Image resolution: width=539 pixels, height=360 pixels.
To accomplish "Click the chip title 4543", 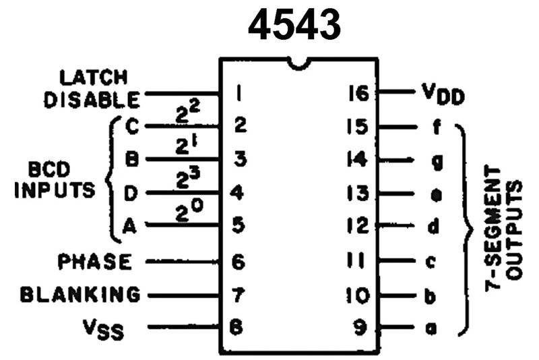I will click(294, 25).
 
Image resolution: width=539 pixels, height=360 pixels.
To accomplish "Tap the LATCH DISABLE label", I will click(92, 88).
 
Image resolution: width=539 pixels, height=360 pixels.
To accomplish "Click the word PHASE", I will click(94, 261).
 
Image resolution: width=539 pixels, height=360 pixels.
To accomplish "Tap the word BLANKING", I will click(80, 295).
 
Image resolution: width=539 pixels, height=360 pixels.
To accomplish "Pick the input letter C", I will click(131, 125).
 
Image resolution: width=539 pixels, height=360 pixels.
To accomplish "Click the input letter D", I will click(131, 194).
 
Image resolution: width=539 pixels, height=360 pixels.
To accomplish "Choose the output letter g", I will click(435, 161).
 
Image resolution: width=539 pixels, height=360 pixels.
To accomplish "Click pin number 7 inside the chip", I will click(238, 295).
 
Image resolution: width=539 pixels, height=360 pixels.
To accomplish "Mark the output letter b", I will click(435, 295).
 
